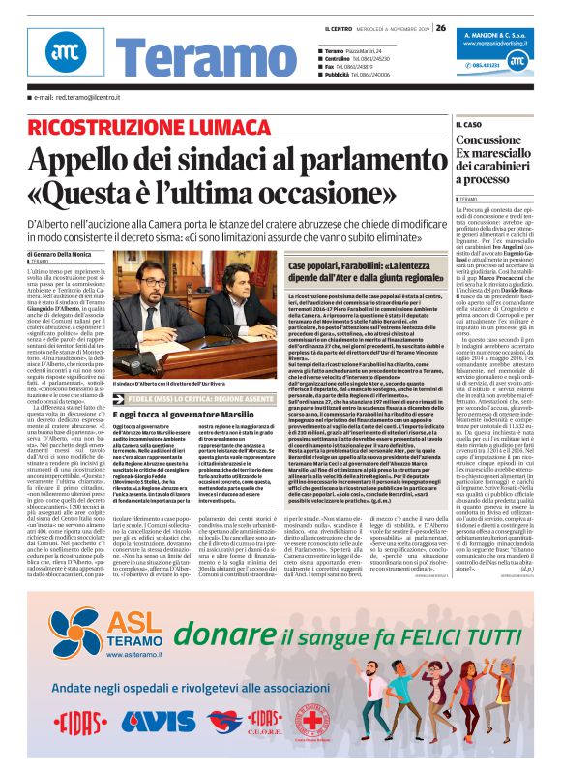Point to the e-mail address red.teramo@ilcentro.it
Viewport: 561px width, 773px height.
tap(82, 97)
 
